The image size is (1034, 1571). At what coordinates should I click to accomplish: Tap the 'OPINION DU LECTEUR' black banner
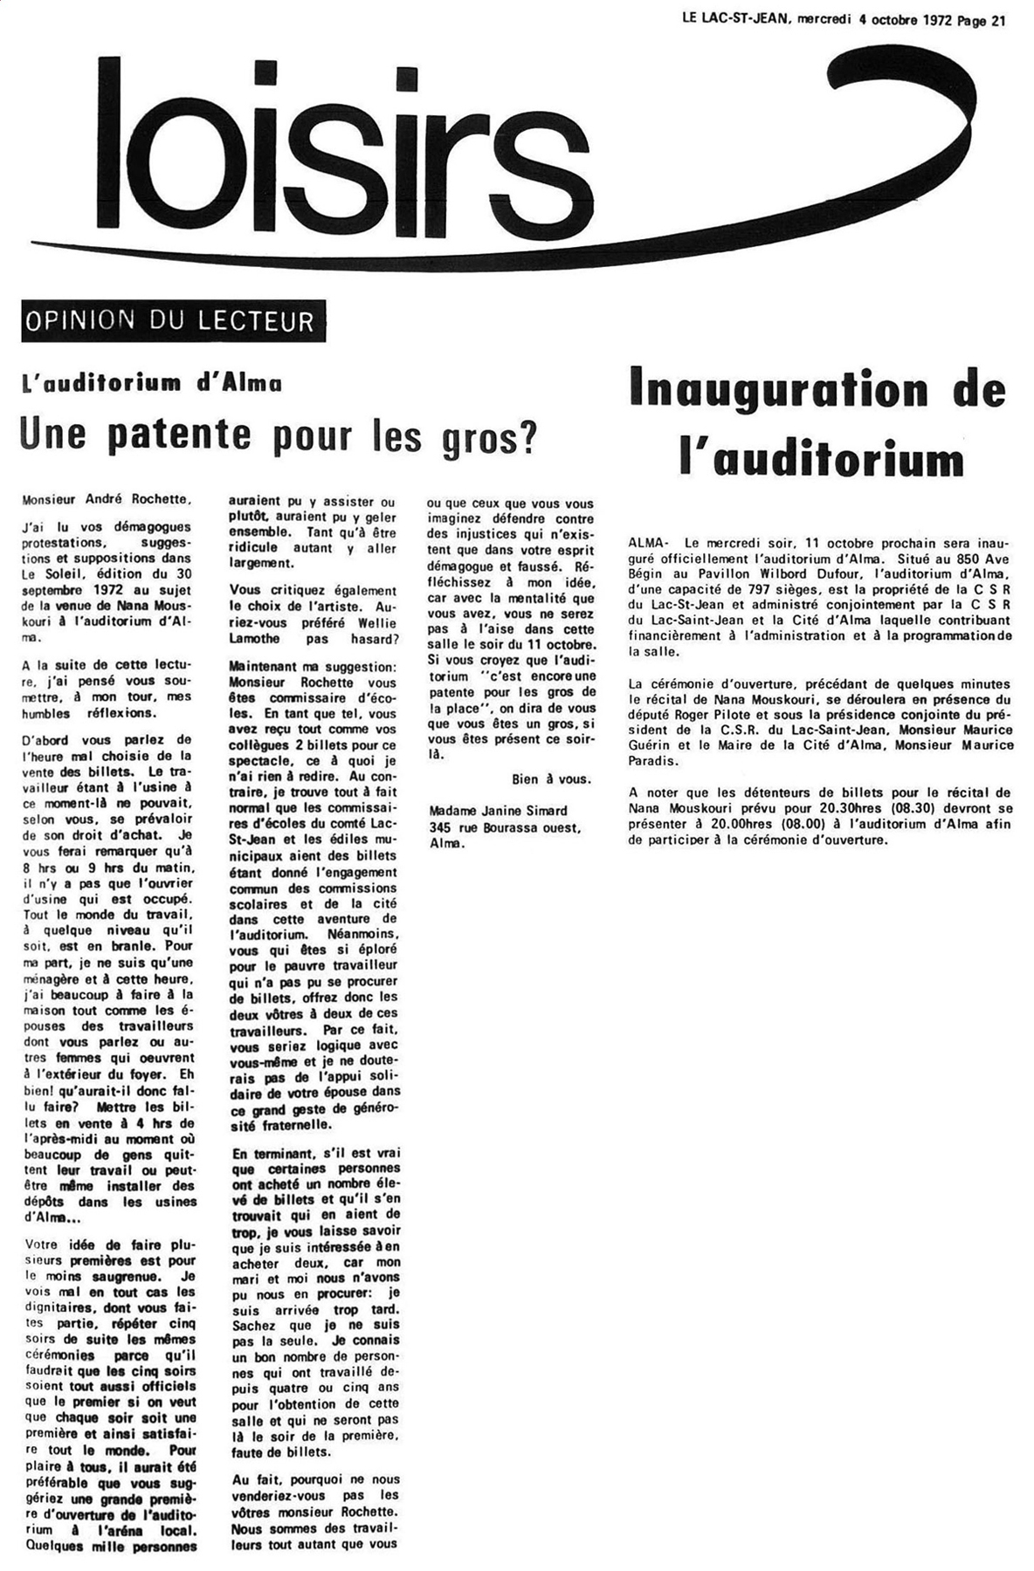pyautogui.click(x=174, y=320)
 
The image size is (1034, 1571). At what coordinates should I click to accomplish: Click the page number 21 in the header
pyautogui.click(x=997, y=22)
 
